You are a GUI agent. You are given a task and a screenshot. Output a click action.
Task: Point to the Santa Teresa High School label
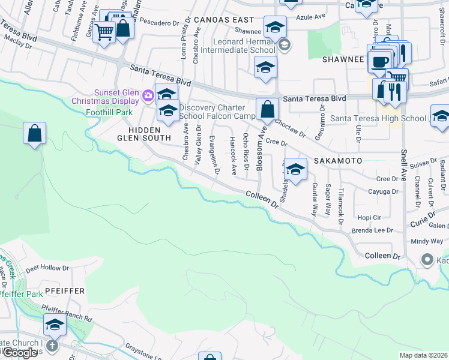378,118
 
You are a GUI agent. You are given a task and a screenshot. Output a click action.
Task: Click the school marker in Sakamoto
295,170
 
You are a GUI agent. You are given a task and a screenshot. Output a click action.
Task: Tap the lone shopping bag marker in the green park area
35,134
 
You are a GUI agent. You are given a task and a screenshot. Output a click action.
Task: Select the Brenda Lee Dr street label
372,230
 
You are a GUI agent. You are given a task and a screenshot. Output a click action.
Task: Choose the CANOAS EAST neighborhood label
224,20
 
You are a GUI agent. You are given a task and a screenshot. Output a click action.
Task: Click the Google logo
20,353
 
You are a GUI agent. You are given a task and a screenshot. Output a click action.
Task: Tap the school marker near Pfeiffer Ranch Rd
55,326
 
